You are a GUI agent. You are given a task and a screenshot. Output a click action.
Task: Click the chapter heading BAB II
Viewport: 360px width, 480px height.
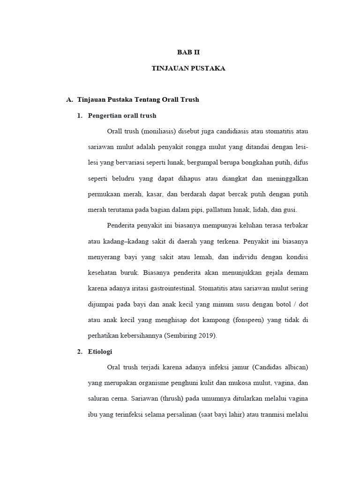coord(188,52)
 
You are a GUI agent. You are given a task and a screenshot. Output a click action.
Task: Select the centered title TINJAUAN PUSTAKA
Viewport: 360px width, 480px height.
coord(188,68)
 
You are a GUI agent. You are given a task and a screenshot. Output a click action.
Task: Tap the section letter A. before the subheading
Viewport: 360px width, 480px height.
coord(70,100)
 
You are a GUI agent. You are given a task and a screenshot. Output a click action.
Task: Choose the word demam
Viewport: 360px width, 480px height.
coord(298,273)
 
